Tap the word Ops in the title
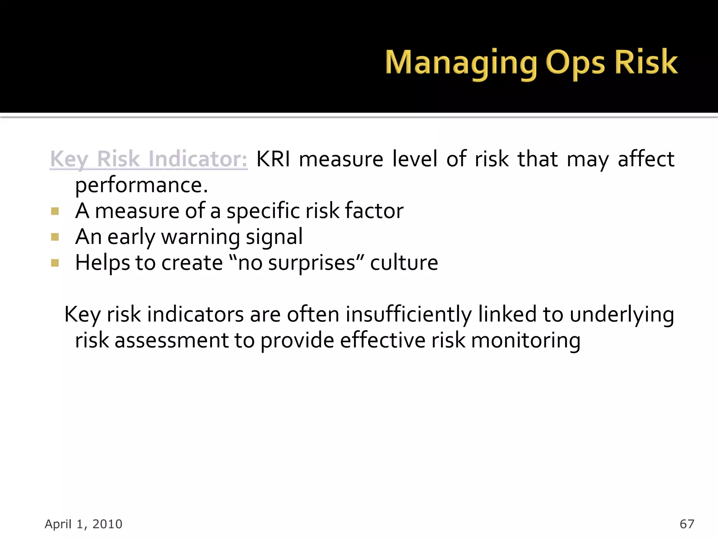(x=575, y=63)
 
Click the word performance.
(x=141, y=186)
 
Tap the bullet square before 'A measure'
(x=55, y=211)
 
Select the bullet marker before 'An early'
(x=55, y=237)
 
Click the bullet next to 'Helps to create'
(x=55, y=263)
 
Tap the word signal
(x=274, y=237)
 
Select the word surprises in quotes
(x=312, y=263)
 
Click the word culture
(x=404, y=263)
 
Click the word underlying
(x=622, y=314)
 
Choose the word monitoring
(x=526, y=340)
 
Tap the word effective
(x=382, y=340)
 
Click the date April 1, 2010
(x=83, y=524)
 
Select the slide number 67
(x=686, y=524)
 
